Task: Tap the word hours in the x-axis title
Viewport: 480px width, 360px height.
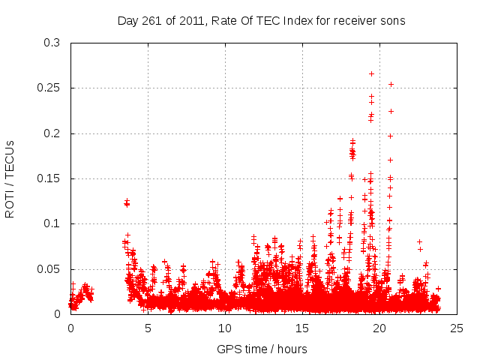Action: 291,349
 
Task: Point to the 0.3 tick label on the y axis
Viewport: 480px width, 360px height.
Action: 52,43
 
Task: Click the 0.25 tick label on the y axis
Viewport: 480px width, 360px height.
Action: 49,88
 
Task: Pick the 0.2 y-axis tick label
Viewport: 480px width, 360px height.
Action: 52,133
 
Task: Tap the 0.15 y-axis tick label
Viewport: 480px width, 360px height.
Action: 49,178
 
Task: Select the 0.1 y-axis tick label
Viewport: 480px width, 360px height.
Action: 52,223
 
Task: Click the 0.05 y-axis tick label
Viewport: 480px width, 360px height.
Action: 49,269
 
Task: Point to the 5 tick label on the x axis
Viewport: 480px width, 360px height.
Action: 148,328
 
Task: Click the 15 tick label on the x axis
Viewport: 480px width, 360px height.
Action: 302,328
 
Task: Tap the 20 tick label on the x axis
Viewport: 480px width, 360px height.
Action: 379,328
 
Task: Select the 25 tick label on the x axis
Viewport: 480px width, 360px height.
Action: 457,328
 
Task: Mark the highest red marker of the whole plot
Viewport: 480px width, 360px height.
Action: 371,73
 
